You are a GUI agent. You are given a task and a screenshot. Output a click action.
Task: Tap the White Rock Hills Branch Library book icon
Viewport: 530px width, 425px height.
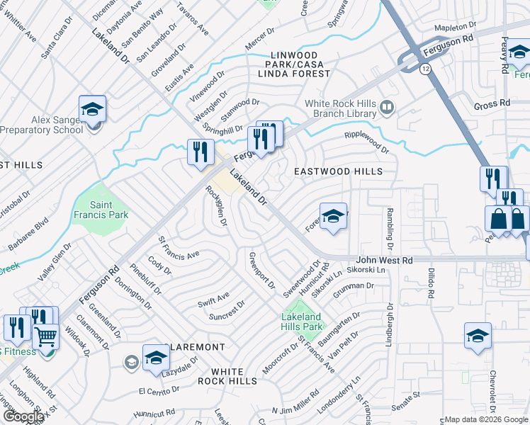point(386,108)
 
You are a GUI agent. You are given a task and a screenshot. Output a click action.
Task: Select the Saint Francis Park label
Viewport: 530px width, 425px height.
point(98,209)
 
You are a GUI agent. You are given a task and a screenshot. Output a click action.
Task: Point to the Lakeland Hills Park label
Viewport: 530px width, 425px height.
point(300,322)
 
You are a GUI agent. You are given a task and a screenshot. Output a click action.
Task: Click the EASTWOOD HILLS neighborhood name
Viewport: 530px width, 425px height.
point(338,171)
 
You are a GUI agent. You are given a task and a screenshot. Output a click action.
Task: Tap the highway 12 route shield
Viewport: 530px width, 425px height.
point(424,69)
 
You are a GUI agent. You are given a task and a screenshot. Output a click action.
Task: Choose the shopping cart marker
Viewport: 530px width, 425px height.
point(46,336)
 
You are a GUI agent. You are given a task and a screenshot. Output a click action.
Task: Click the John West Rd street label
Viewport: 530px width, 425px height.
point(385,261)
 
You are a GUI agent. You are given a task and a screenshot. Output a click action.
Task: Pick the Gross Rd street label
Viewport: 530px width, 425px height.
point(492,103)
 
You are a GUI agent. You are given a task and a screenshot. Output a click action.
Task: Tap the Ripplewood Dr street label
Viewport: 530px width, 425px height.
point(366,142)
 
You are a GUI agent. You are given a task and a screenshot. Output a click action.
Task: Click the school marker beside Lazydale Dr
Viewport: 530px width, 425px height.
point(156,357)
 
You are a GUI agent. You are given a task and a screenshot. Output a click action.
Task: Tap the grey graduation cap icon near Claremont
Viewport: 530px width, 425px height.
point(131,363)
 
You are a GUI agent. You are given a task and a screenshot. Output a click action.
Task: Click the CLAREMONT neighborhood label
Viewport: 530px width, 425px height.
point(195,347)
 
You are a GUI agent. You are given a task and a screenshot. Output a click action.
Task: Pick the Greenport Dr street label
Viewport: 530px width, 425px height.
point(261,270)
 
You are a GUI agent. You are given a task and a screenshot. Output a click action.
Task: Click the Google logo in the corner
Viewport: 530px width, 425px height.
point(23,416)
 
